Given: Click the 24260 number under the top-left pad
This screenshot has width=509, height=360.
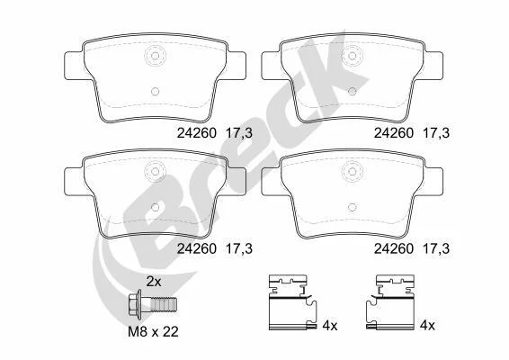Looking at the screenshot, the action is tap(196, 133).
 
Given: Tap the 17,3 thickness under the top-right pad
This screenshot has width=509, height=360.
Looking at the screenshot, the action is tap(436, 133).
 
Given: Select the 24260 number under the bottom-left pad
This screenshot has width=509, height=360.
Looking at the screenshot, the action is tap(196, 249).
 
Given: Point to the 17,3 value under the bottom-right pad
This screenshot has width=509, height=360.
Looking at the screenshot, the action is tap(436, 249).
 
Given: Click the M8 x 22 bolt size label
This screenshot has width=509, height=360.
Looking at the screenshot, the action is tap(153, 332).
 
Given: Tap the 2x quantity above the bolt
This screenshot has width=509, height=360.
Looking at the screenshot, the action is tap(154, 282).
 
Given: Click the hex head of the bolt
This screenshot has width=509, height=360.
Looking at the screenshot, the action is tap(134, 304).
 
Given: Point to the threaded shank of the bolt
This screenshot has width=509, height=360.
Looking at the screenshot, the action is tap(164, 304).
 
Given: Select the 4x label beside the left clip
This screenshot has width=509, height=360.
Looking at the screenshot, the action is tap(330, 325).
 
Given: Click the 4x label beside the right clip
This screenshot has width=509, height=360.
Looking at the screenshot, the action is tap(427, 325).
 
